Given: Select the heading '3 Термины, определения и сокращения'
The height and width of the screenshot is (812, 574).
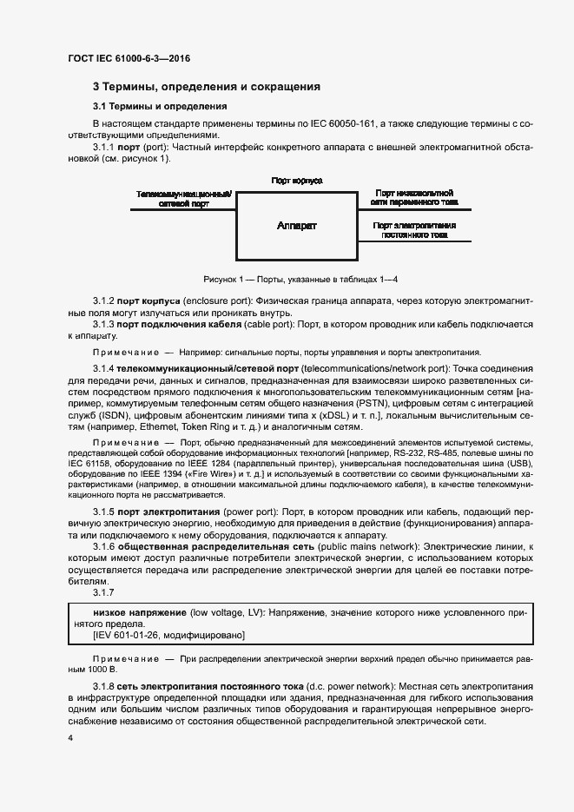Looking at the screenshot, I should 207,87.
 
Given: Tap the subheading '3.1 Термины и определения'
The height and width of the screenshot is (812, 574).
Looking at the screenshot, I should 160,107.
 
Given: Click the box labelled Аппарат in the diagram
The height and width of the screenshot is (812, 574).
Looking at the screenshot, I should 297,226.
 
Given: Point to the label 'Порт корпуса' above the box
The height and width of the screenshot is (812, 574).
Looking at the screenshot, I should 297,181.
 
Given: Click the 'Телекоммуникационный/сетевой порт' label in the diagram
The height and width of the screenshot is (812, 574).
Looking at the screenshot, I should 183,199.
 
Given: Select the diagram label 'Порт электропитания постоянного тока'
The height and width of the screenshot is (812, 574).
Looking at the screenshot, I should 414,230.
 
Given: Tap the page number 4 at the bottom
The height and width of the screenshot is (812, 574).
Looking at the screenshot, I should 70,737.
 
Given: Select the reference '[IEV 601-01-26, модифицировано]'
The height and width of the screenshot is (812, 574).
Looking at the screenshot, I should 168,636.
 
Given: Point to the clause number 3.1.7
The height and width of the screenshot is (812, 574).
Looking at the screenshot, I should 103,592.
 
